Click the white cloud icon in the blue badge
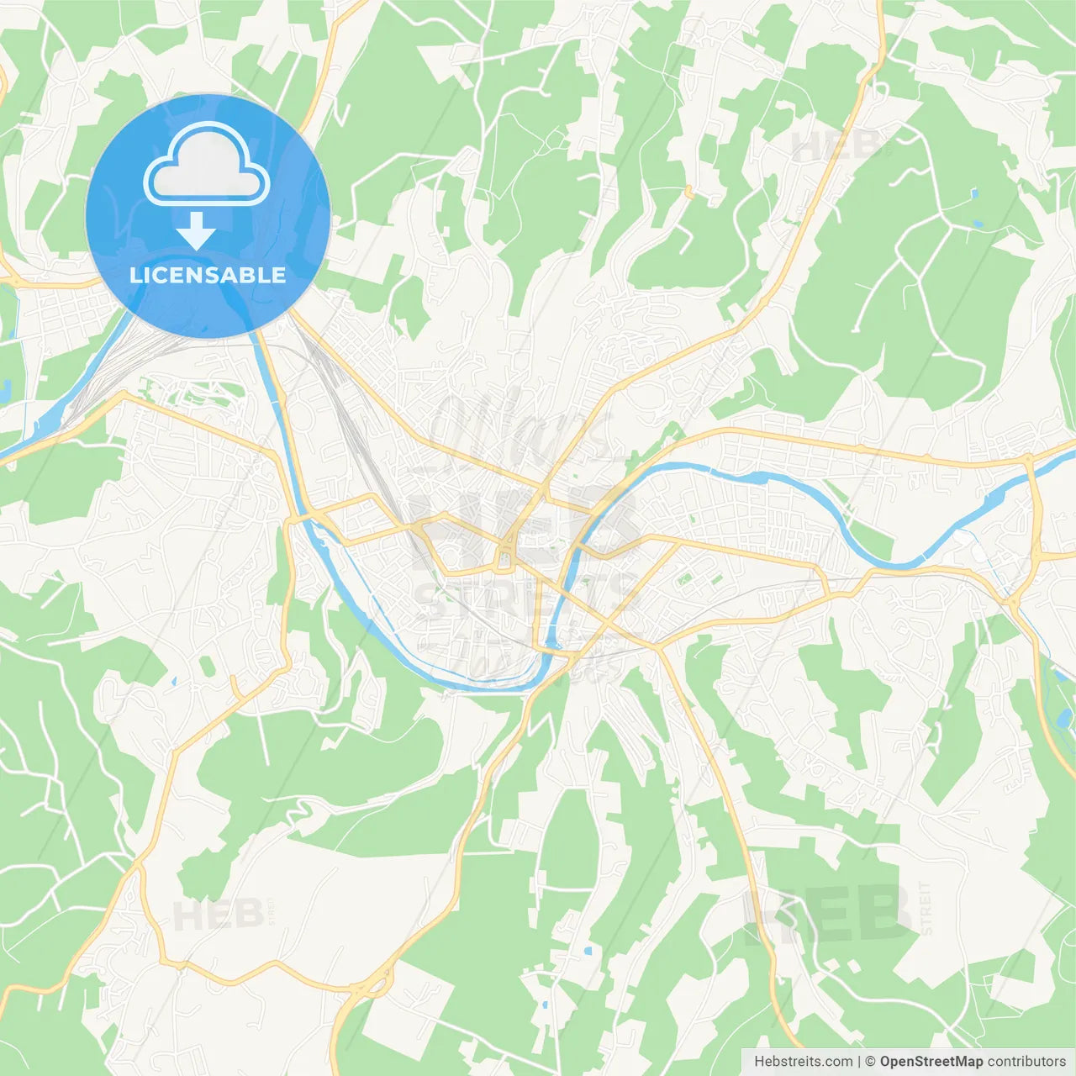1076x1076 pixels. click(x=207, y=165)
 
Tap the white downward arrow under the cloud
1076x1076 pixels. click(x=196, y=230)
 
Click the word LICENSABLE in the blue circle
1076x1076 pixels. click(x=208, y=275)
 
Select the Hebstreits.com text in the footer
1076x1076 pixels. click(x=803, y=1062)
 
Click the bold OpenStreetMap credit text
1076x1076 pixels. click(x=931, y=1062)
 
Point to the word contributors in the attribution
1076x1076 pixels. click(x=1026, y=1062)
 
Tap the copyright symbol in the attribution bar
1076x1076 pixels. click(x=871, y=1062)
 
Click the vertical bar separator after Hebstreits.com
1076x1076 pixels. click(x=859, y=1062)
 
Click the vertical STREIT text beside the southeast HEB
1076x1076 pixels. click(x=926, y=908)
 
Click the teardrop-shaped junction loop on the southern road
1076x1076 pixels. click(x=374, y=984)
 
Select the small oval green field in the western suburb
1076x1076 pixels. click(x=207, y=667)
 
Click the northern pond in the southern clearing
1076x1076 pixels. click(x=588, y=951)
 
